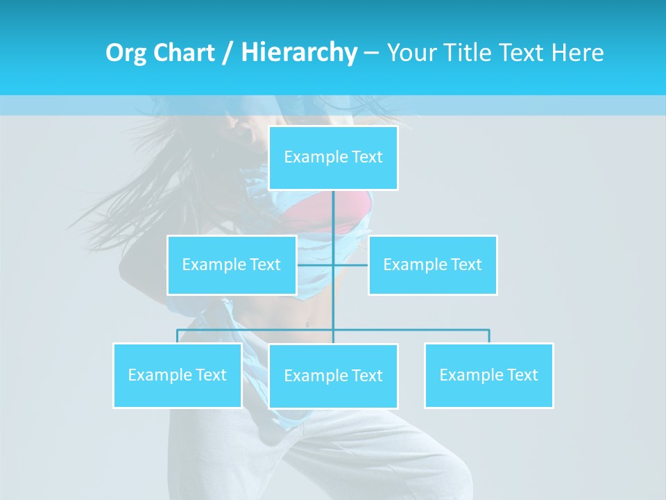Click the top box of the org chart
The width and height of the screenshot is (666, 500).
pos(333,158)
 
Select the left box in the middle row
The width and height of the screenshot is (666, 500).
pos(232,265)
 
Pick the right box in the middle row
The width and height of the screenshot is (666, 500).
pos(432,265)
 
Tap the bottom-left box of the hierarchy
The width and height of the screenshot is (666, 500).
pos(177,375)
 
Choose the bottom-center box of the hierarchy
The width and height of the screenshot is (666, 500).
pos(333,376)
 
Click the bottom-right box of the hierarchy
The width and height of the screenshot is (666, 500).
pos(488,375)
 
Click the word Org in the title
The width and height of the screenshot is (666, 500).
pos(126,53)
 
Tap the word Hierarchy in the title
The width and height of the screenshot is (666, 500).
pos(299,53)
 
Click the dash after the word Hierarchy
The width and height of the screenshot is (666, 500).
pos(371,53)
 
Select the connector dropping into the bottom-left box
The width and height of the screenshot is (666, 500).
pos(177,336)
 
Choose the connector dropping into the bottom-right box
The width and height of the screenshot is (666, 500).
pos(489,336)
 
